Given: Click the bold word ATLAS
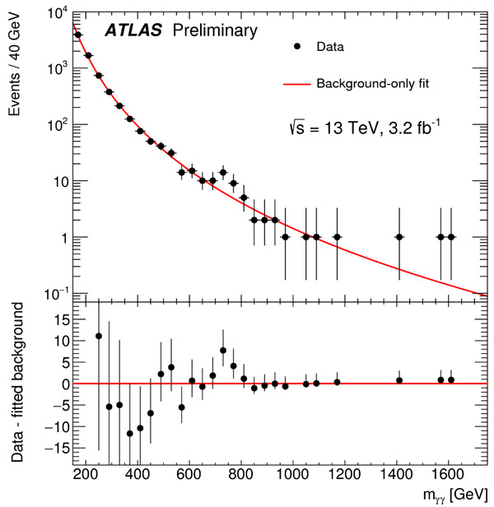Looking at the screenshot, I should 133,31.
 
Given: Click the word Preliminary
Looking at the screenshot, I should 214,31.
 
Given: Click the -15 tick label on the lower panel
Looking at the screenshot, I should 55,449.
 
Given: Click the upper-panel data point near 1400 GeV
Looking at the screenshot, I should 399,237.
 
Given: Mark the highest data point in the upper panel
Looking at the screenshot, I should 78,35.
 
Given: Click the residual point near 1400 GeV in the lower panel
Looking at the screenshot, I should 399,380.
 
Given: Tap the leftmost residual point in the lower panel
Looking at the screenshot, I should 99,336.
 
